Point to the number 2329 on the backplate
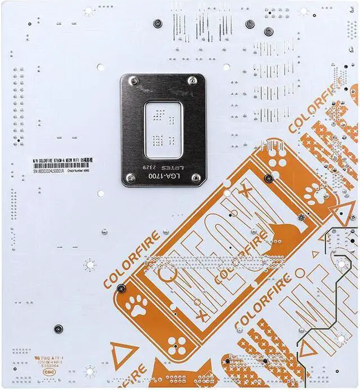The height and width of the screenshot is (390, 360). point(147,167)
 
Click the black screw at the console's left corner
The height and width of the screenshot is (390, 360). point(121,289)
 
